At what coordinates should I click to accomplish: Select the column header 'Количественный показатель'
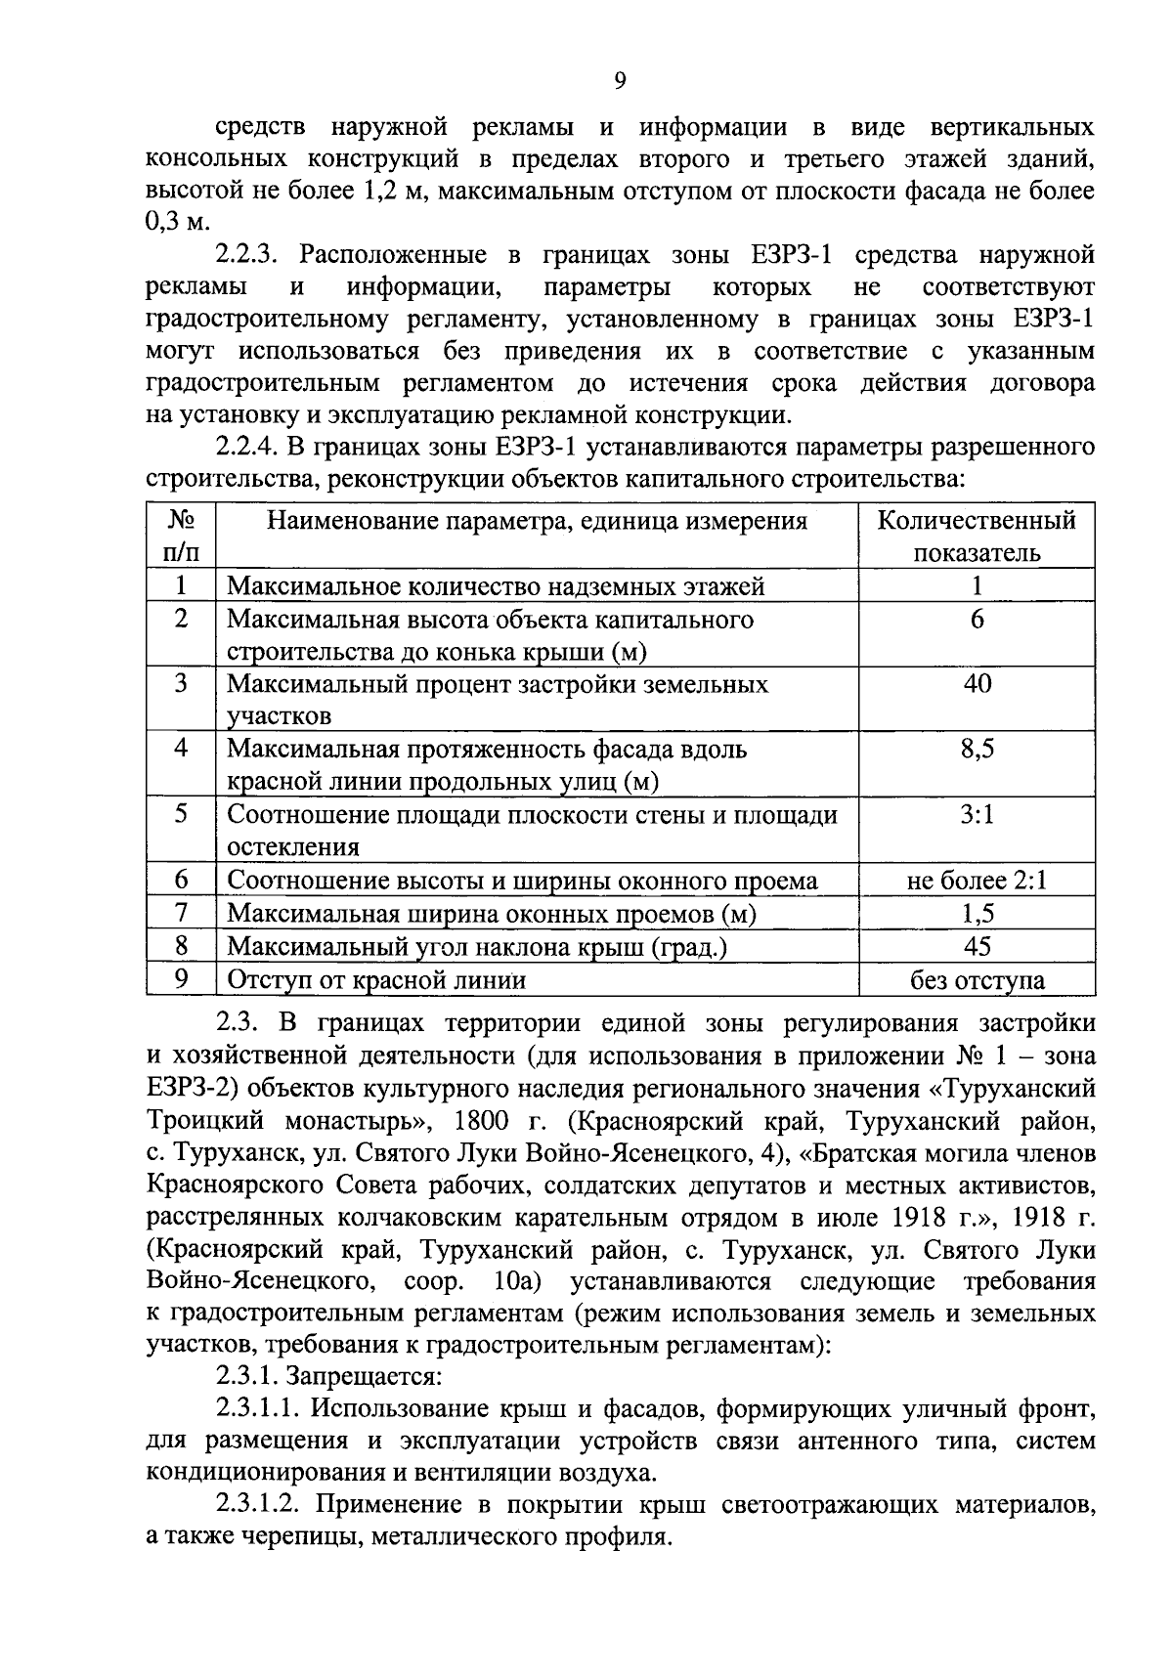point(977,536)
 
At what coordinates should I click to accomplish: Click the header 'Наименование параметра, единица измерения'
point(538,520)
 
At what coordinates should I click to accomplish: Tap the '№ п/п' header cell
point(181,536)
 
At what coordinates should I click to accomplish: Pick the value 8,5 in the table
point(977,750)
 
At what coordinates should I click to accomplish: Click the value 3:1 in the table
point(977,814)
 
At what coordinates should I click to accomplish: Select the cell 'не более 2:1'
point(977,881)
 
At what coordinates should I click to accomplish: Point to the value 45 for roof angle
point(977,946)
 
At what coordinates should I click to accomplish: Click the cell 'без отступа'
point(977,980)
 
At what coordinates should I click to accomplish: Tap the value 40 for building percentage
point(977,684)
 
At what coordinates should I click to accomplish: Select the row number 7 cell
point(181,913)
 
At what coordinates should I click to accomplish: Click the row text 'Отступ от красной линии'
point(376,980)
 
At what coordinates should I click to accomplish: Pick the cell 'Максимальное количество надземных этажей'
point(496,586)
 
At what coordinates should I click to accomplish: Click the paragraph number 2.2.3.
point(248,256)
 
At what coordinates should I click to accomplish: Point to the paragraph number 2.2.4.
point(248,448)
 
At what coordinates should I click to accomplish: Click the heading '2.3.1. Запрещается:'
point(329,1377)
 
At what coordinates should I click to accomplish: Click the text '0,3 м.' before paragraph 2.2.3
point(177,223)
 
